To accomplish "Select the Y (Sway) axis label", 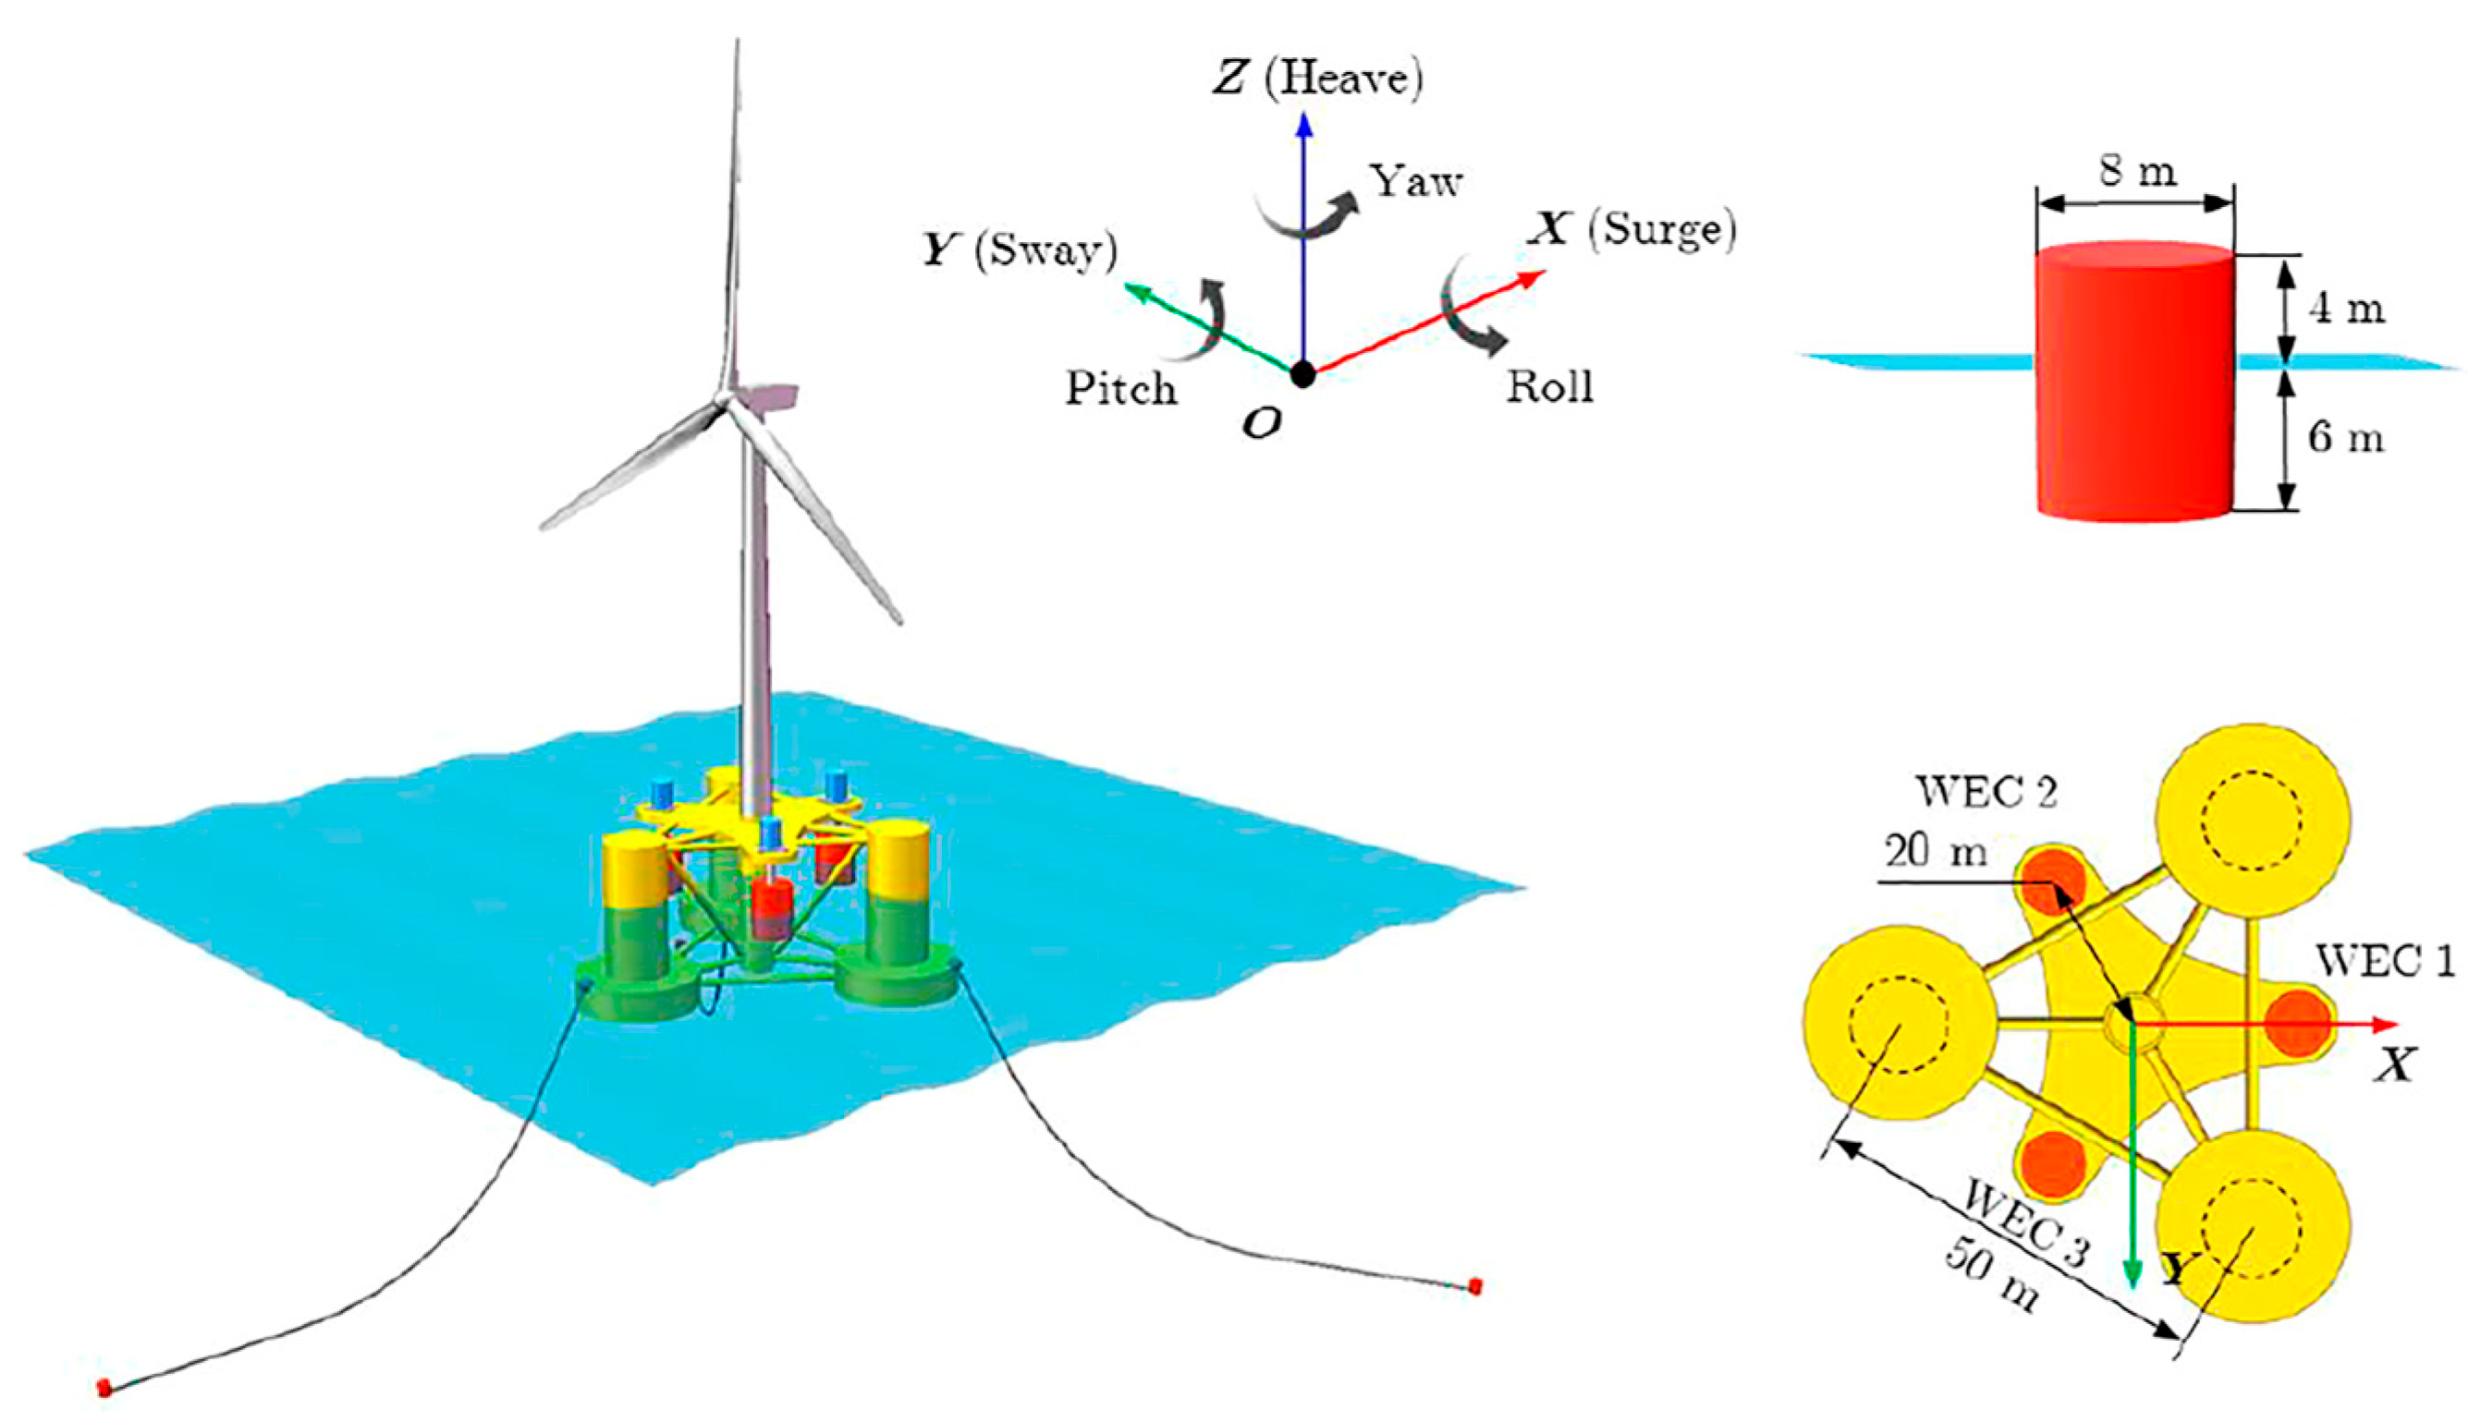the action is click(1020, 251).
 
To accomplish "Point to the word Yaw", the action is click(1415, 182).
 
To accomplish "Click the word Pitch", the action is click(1120, 389).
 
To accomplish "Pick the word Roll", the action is click(1549, 388).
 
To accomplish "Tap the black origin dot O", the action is click(1302, 373).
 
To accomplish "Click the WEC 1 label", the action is click(2384, 962).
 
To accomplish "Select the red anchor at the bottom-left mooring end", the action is click(104, 1387).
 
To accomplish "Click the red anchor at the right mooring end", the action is click(1475, 1285).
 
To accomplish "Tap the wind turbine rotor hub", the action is click(725, 397).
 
